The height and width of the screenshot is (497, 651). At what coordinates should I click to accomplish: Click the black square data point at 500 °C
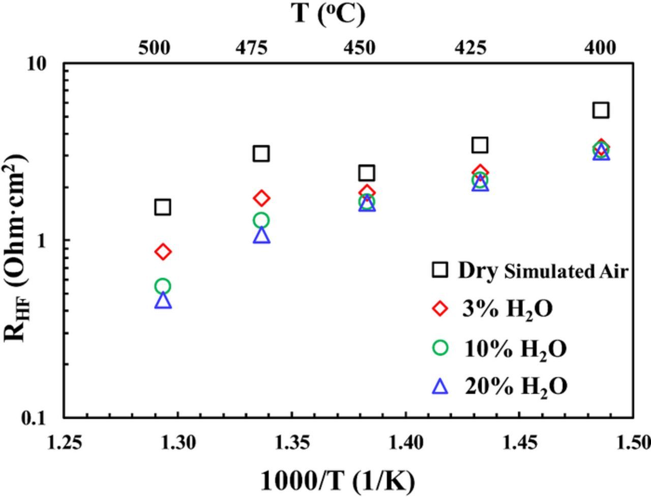(162, 207)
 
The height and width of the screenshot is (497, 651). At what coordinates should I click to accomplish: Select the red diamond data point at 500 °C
(162, 251)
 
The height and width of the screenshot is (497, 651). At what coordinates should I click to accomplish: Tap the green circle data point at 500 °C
(162, 286)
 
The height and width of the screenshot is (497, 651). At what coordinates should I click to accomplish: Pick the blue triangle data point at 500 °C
(162, 301)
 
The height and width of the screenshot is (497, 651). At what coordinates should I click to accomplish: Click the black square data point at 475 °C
(261, 153)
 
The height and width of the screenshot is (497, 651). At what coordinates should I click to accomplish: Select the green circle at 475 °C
(261, 220)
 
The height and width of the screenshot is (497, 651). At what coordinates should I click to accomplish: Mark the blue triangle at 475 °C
(261, 235)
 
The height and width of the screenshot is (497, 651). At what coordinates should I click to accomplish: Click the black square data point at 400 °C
(601, 110)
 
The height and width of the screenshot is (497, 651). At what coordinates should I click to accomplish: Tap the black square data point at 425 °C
(480, 145)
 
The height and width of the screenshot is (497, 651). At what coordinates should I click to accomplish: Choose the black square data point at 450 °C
(367, 173)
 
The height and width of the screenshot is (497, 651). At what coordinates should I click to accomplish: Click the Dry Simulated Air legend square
(439, 270)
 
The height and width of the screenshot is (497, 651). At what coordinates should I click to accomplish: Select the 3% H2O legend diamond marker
(439, 308)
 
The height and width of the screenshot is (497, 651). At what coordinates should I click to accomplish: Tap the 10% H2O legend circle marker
(439, 348)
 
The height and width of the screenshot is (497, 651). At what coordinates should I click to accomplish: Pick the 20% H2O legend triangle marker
(439, 387)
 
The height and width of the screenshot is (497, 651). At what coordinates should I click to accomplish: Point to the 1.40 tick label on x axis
(405, 443)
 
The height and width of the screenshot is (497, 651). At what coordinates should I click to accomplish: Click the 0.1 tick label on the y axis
(34, 418)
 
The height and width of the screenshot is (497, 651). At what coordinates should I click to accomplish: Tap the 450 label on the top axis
(360, 48)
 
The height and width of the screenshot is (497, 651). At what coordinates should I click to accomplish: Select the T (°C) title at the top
(329, 14)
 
